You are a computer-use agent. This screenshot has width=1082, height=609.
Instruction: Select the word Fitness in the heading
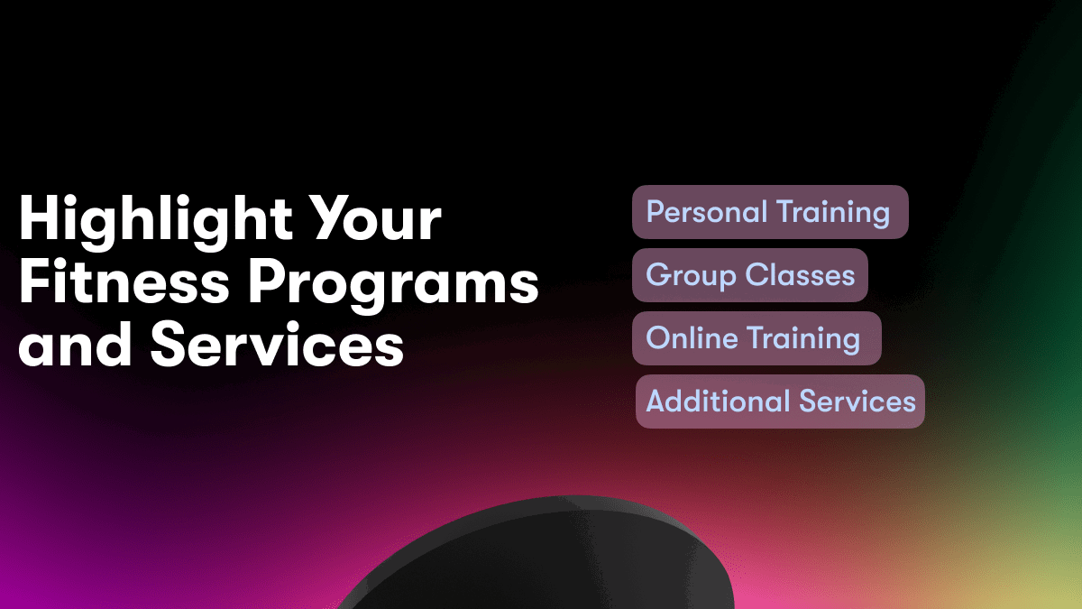124,281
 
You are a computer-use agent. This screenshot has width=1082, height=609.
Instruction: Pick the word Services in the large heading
277,344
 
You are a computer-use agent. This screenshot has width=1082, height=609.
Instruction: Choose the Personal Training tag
770,212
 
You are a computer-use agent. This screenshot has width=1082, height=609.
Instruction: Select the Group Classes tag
750,275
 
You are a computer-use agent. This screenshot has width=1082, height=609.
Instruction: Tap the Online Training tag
756,338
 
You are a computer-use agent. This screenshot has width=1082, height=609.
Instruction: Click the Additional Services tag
780,401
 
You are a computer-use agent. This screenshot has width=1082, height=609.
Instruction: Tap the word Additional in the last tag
718,401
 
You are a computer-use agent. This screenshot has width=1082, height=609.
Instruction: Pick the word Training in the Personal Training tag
833,214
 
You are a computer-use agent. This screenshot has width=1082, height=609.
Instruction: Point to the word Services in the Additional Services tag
857,401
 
